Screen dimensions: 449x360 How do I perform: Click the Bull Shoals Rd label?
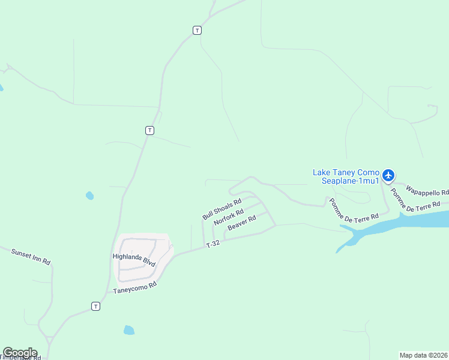[221, 209]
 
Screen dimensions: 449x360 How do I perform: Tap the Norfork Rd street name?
[228, 217]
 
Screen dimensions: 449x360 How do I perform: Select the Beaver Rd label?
[241, 223]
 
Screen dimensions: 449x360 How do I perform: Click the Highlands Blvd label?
[134, 259]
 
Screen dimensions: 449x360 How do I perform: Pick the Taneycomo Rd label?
[135, 287]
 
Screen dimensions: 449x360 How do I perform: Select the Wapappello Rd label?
[427, 191]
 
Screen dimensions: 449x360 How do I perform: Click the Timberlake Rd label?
[20, 357]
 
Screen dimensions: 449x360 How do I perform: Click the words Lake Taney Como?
[346, 172]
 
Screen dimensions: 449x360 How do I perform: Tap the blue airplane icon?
[388, 175]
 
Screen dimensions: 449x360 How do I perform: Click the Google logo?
[20, 353]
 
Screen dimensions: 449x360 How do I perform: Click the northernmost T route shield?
[197, 30]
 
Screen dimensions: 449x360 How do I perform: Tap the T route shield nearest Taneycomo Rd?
[95, 306]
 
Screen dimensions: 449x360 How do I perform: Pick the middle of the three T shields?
[149, 130]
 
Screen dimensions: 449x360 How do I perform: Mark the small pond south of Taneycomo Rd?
[128, 330]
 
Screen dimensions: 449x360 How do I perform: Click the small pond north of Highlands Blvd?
[89, 196]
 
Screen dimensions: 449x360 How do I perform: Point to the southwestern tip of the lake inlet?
[338, 251]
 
